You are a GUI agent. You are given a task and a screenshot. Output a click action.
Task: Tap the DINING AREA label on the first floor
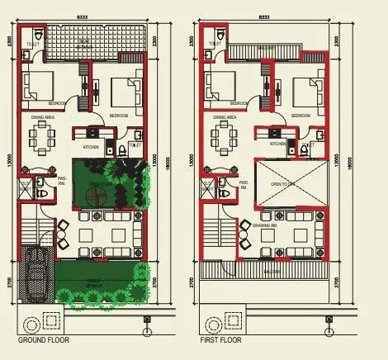point(224,118)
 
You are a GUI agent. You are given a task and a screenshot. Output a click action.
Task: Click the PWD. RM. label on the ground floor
point(63,182)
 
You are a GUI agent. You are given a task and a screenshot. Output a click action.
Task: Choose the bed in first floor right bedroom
point(307,88)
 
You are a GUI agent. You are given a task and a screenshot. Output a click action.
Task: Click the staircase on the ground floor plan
point(34,223)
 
